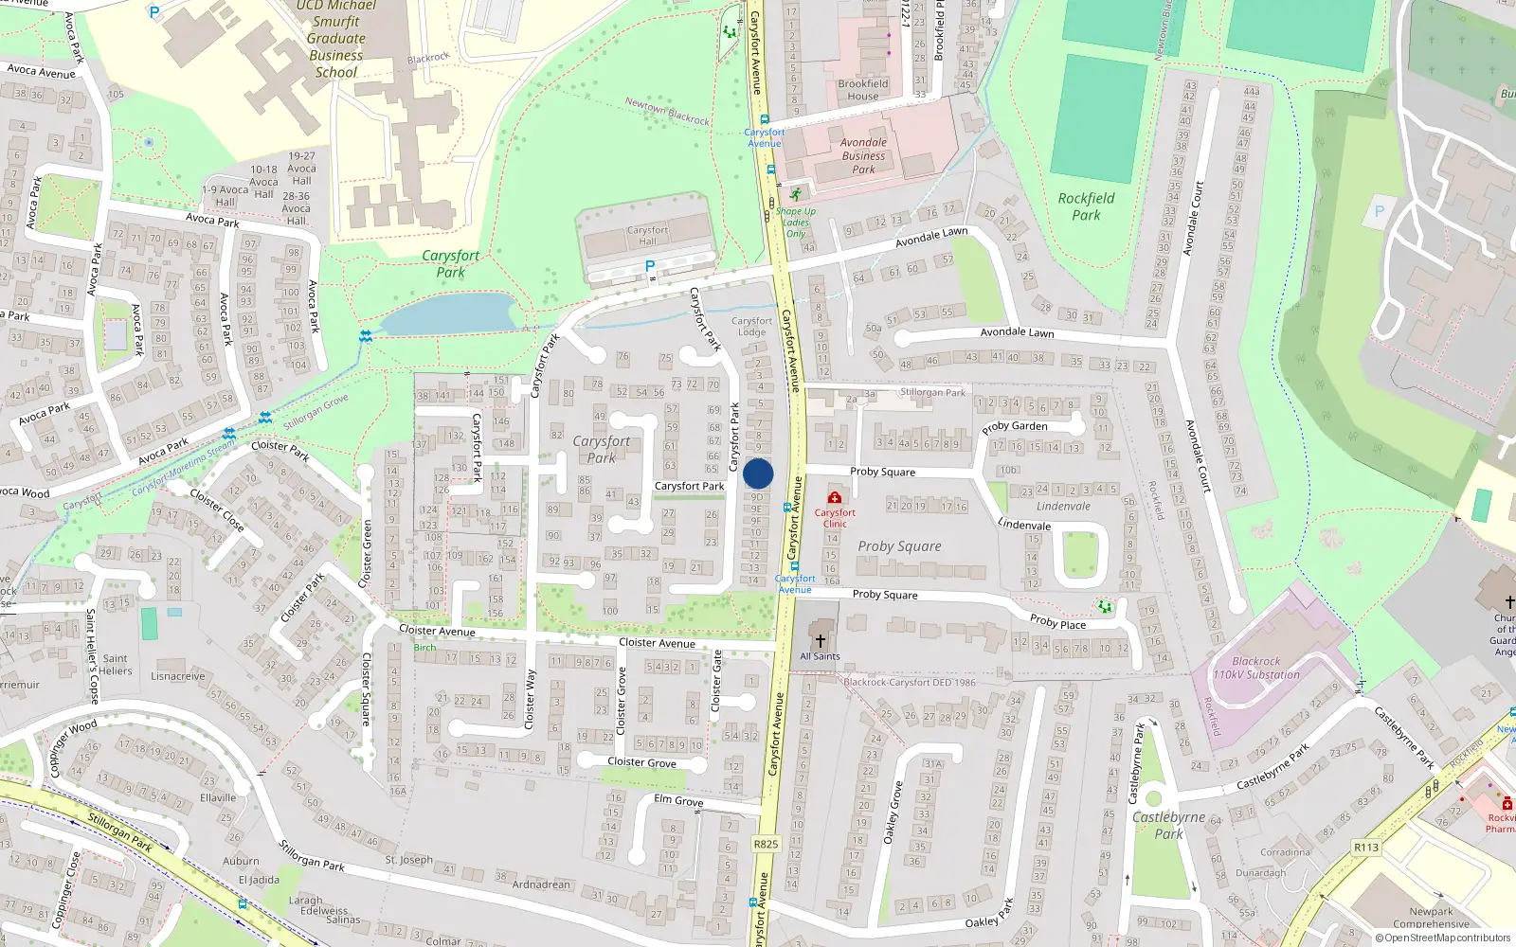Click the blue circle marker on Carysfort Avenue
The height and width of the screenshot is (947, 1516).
click(x=758, y=473)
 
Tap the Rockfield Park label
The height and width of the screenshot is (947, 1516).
click(x=1086, y=206)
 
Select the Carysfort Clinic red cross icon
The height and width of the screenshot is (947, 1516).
click(x=834, y=497)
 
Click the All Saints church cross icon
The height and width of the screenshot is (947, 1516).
click(x=821, y=641)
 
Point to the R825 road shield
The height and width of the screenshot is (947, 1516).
click(x=766, y=844)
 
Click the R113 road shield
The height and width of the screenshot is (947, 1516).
click(x=1366, y=848)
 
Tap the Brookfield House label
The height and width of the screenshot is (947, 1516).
click(x=862, y=90)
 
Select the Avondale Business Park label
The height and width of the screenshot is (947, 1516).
click(x=863, y=156)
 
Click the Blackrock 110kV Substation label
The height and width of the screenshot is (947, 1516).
click(x=1256, y=669)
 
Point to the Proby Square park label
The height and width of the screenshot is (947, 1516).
click(x=899, y=546)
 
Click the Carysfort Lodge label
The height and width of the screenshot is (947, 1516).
click(x=751, y=327)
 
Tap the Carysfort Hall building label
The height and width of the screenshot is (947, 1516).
click(x=647, y=235)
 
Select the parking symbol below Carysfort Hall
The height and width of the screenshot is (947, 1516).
click(x=650, y=266)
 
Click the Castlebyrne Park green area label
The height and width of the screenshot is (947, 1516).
click(x=1168, y=825)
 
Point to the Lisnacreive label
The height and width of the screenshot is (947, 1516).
click(x=178, y=676)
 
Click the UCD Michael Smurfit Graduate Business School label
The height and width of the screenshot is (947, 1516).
click(x=336, y=39)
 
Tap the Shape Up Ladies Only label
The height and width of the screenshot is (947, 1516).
click(x=796, y=223)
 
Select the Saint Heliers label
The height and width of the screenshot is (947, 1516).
click(x=115, y=665)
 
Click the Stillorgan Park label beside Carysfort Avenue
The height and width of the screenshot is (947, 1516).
click(x=933, y=392)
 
